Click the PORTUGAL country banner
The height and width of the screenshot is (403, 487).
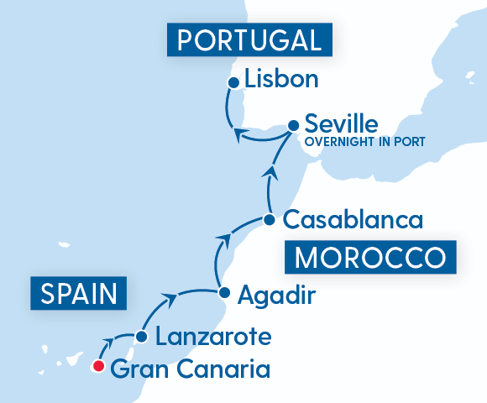click(250, 40)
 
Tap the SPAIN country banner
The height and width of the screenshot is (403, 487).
click(79, 295)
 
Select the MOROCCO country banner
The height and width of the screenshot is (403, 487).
click(369, 255)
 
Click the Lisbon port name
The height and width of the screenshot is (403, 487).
click(282, 81)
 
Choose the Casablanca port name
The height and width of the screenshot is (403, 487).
click(352, 220)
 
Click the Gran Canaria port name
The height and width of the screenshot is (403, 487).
click(190, 368)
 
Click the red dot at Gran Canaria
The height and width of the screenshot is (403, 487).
click(98, 366)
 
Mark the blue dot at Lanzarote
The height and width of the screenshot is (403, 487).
click(142, 338)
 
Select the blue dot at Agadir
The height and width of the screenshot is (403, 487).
click(224, 293)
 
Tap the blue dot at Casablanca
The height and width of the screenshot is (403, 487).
click(269, 220)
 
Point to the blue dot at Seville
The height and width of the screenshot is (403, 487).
click(293, 125)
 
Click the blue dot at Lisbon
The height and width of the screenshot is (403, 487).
click(233, 82)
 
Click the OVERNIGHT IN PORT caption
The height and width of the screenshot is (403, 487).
click(364, 141)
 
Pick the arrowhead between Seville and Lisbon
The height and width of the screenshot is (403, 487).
click(240, 134)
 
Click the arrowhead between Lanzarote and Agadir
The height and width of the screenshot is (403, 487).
click(170, 296)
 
